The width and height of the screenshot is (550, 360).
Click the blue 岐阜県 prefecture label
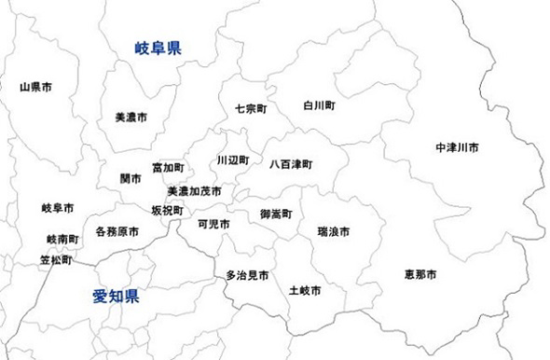(157, 47)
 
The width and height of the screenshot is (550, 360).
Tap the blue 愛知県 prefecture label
(116, 298)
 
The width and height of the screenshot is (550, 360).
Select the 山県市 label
(35, 87)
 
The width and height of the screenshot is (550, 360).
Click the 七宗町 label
(251, 108)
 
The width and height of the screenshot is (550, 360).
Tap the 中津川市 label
(457, 148)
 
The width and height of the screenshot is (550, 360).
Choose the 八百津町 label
(291, 164)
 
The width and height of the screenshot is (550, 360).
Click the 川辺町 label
(232, 160)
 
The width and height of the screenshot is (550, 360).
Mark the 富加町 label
(168, 168)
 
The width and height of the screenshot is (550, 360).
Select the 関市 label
(131, 178)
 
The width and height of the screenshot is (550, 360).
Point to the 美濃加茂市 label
(194, 191)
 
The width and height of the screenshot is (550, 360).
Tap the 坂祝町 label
(168, 211)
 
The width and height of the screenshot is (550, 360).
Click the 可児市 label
(213, 224)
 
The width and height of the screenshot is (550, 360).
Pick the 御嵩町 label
(276, 215)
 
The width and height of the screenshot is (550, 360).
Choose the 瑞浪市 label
(333, 229)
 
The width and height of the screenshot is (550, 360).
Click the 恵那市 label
(420, 274)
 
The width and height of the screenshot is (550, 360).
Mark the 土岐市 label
(305, 290)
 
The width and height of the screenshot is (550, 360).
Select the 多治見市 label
(247, 276)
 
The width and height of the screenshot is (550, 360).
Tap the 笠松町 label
(56, 260)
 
